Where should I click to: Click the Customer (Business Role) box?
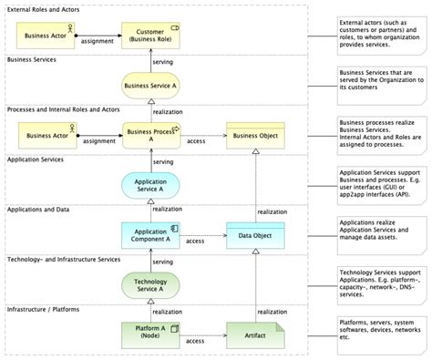tap(150, 36)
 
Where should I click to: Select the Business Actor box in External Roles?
tap(49, 36)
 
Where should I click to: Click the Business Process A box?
tap(150, 137)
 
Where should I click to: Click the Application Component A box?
tap(150, 235)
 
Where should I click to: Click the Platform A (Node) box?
tap(150, 334)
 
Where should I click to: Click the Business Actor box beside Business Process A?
tap(49, 137)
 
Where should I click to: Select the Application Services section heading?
tap(37, 159)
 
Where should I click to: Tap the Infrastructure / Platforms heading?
tap(43, 310)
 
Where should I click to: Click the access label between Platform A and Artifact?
tap(195, 341)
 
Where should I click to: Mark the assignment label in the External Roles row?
tap(97, 42)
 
